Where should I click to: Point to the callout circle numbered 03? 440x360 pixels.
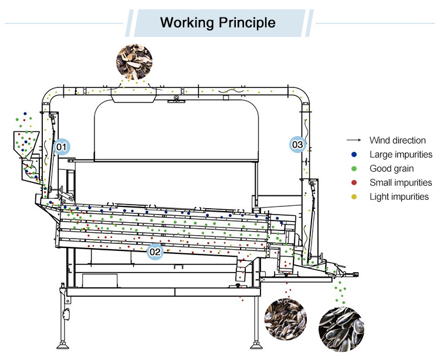coord(297,144)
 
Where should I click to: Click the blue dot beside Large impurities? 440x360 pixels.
coord(353,155)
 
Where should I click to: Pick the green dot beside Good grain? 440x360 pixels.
coord(353,169)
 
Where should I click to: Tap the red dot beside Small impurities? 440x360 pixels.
coord(353,183)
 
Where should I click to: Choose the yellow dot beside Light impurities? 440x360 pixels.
coord(353,197)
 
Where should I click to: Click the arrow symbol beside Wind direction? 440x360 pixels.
coord(353,141)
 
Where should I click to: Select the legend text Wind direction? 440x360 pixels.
coord(397,141)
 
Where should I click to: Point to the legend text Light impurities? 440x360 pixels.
coord(399,197)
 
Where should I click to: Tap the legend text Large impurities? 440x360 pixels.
coord(401,155)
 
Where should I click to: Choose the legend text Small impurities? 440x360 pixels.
coord(401,183)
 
